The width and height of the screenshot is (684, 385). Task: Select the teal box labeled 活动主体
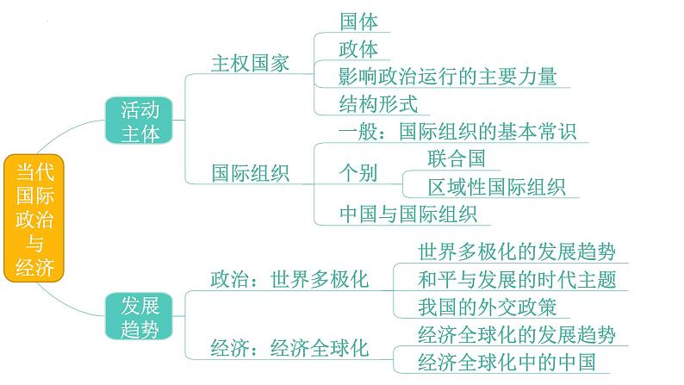[140, 121]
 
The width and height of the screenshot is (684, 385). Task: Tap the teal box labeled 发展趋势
[140, 316]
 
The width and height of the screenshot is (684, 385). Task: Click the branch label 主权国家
[251, 64]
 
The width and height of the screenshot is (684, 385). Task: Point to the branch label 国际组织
[251, 173]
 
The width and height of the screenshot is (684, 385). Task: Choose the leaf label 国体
[359, 21]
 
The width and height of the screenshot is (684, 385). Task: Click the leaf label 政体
[359, 48]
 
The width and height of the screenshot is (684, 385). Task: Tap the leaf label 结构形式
[379, 104]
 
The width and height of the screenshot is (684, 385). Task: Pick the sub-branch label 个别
[358, 173]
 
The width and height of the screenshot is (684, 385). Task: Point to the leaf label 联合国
[457, 158]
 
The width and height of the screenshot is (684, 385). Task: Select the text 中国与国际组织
[408, 214]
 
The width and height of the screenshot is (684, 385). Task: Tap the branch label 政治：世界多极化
[289, 279]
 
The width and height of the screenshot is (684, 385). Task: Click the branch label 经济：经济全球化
[289, 348]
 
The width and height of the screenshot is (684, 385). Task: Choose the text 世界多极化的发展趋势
[517, 251]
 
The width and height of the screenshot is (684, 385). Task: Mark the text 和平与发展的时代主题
[517, 279]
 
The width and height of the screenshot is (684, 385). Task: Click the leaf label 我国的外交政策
[487, 307]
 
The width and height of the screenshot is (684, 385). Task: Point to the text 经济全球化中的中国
[507, 361]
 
